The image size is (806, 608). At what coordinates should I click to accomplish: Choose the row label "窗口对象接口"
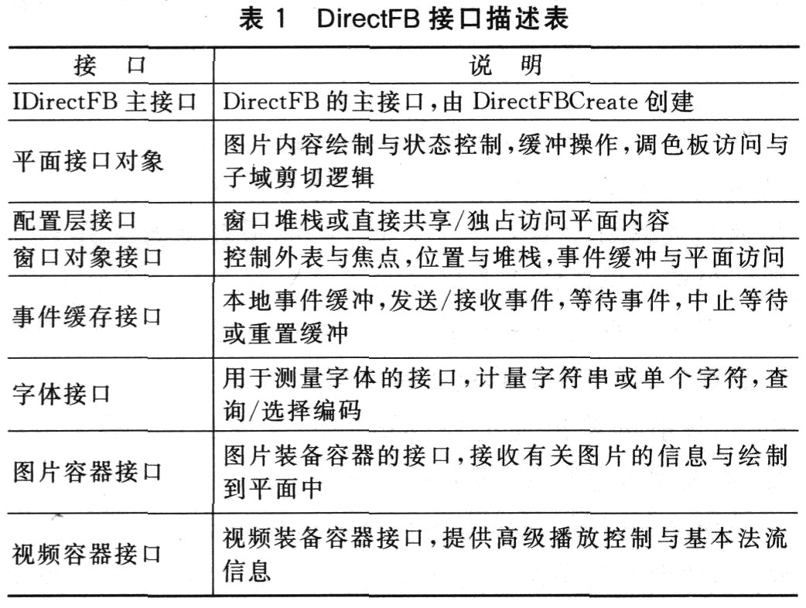click(88, 256)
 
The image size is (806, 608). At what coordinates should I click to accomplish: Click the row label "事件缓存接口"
click(88, 316)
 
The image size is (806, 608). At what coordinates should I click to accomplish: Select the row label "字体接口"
click(63, 394)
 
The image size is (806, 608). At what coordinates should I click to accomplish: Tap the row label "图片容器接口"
click(88, 471)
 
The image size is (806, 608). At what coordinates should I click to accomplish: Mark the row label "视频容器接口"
click(88, 552)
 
